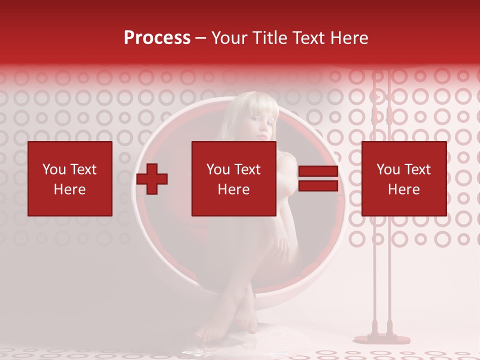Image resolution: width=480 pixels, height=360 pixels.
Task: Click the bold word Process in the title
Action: pyautogui.click(x=157, y=38)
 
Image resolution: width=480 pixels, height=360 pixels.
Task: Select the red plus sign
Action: pyautogui.click(x=152, y=179)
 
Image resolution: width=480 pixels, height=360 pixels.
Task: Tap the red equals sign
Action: pyautogui.click(x=318, y=178)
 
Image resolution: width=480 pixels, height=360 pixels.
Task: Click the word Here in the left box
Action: pyautogui.click(x=69, y=189)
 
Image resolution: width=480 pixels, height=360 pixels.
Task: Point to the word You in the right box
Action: pyautogui.click(x=388, y=169)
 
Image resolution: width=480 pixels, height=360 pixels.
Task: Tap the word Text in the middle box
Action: pyautogui.click(x=247, y=169)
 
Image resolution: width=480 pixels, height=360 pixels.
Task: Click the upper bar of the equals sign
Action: pyautogui.click(x=318, y=171)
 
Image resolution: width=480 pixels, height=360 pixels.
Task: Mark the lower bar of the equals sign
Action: pyautogui.click(x=318, y=185)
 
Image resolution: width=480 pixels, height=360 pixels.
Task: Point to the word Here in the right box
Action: pyautogui.click(x=403, y=189)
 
